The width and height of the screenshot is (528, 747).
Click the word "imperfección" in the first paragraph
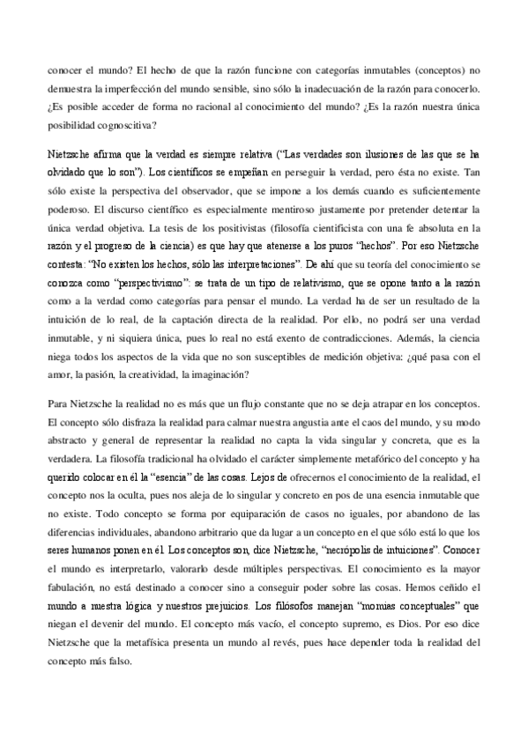coord(145,88)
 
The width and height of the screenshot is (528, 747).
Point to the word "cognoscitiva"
coord(120,123)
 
